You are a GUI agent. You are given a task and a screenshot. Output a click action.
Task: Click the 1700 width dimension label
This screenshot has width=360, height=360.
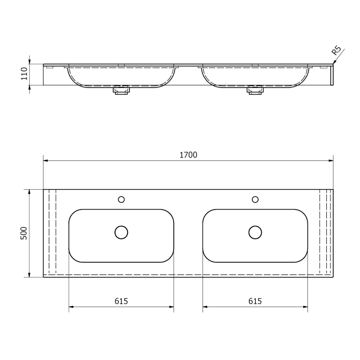[188, 155]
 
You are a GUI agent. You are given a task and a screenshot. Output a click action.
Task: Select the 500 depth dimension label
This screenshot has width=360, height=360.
[24, 233]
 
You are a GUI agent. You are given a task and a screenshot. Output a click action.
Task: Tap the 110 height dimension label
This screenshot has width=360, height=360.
[24, 74]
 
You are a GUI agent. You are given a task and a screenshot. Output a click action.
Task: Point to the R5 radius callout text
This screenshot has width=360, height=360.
[336, 50]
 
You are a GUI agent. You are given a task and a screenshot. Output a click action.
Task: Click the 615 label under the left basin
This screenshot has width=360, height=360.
[121, 301]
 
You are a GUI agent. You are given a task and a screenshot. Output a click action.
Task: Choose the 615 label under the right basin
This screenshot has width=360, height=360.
[255, 301]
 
